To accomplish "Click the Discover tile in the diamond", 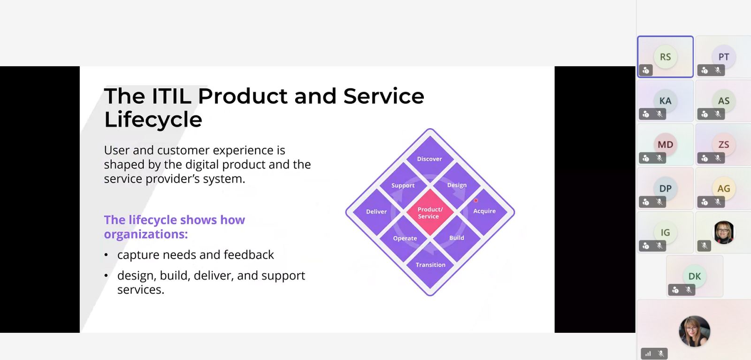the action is (x=430, y=159).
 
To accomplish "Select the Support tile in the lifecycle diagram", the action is (x=403, y=185).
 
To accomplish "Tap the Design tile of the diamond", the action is (x=457, y=185).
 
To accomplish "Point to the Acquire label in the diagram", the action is (x=484, y=211).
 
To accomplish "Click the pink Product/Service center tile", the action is (x=430, y=212).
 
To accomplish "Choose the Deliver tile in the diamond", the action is (x=376, y=212).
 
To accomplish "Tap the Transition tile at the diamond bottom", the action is (x=430, y=265).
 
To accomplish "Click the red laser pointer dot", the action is (x=475, y=200).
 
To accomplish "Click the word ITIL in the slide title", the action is (x=171, y=96).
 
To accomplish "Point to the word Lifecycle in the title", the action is (x=153, y=120).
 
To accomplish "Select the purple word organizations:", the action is (x=146, y=234).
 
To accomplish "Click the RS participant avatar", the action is (x=666, y=57).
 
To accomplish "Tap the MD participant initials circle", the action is (x=666, y=145).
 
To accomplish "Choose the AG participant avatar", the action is (x=723, y=188).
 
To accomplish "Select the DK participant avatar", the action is (x=694, y=276).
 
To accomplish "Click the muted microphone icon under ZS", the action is (x=718, y=158).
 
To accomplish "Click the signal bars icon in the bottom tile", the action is (x=648, y=353).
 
